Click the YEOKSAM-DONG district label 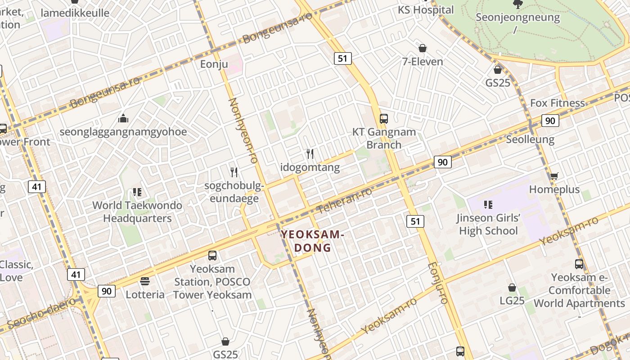click(x=312, y=241)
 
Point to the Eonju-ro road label click(x=438, y=283)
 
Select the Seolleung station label click(x=530, y=139)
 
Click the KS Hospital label click(x=426, y=9)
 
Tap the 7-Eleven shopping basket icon click(x=423, y=48)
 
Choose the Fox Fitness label click(x=557, y=103)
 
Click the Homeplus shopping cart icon click(x=554, y=176)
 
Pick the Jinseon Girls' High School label click(x=488, y=225)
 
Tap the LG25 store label click(x=512, y=300)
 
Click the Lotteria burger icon click(x=145, y=281)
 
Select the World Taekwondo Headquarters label click(x=137, y=211)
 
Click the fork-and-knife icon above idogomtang click(x=310, y=154)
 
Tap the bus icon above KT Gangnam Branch click(x=383, y=119)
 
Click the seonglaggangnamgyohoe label click(x=123, y=132)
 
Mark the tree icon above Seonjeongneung click(x=518, y=4)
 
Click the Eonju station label click(x=214, y=64)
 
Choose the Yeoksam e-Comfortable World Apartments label click(x=580, y=290)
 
